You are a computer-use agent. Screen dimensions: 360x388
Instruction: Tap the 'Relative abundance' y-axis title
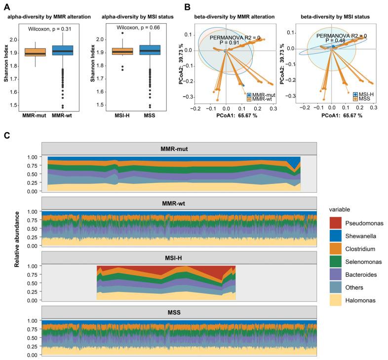point(17,239)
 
